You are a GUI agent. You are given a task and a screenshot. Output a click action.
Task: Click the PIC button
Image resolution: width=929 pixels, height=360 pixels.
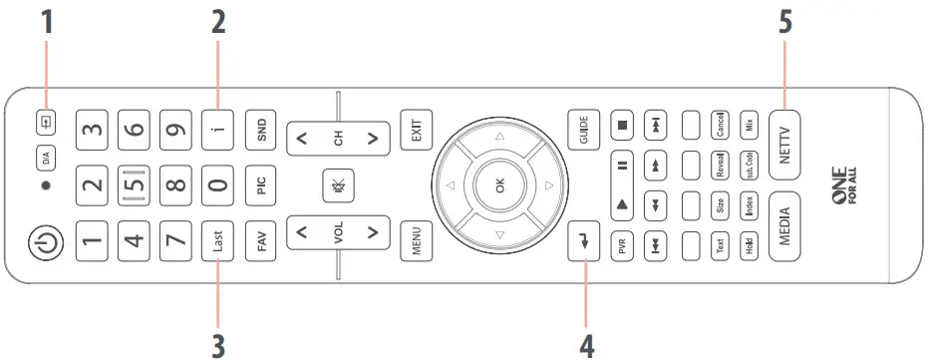(x=261, y=186)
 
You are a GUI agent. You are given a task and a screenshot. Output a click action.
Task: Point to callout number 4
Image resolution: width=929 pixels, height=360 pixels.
(x=587, y=344)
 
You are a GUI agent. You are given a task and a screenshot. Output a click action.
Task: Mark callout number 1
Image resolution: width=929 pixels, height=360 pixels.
(x=46, y=22)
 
